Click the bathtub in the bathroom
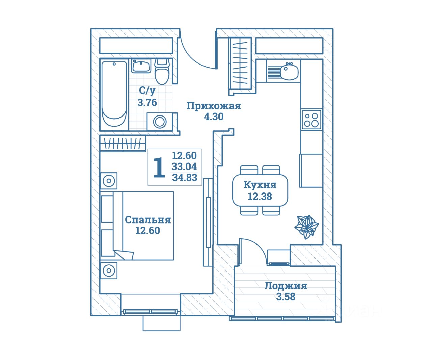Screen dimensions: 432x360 tap(114, 94)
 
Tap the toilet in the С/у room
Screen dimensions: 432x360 tap(162, 72)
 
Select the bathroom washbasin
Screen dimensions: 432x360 tap(141, 66)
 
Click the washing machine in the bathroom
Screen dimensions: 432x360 tap(159, 121)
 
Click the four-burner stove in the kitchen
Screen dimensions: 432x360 tap(311, 120)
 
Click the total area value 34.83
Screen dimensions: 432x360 tap(185, 177)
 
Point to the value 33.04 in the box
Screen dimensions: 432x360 tap(184, 166)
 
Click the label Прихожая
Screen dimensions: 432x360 tap(214, 106)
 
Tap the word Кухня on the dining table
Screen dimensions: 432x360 tap(260, 185)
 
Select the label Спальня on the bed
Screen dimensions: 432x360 tap(148, 220)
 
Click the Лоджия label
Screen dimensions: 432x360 tap(286, 286)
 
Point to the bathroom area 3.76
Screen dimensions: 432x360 tap(147, 102)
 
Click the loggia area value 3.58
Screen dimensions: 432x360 tap(286, 297)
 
